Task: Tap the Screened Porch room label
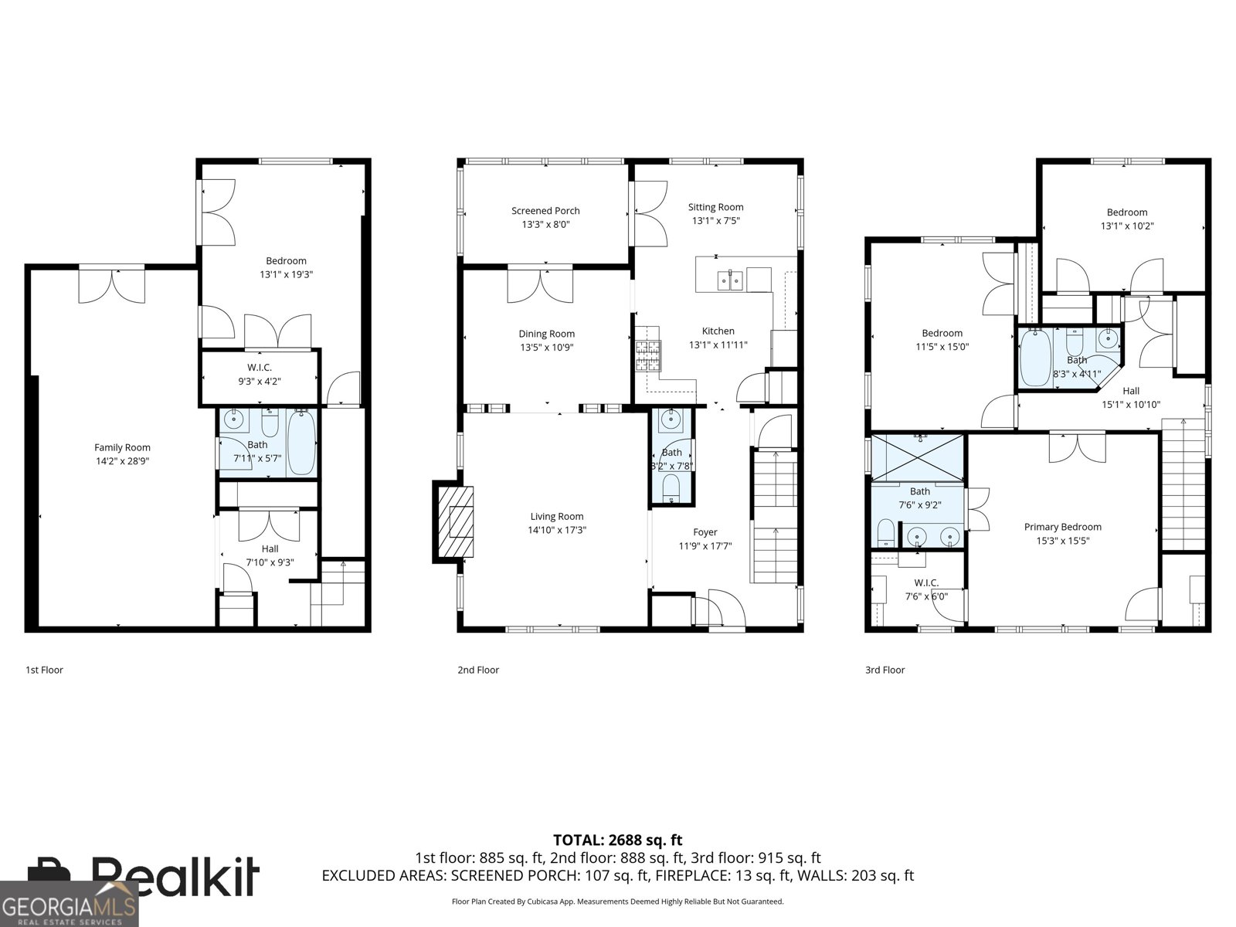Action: tap(545, 211)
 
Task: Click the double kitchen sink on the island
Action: tap(730, 280)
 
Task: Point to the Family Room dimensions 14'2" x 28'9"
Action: tap(122, 461)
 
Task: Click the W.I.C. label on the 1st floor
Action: tap(260, 367)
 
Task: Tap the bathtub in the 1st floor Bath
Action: tap(301, 444)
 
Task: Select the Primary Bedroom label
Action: tap(1062, 527)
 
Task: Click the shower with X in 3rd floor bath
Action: tap(919, 458)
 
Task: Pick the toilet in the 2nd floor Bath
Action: tap(671, 486)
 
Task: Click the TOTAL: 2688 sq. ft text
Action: tap(617, 840)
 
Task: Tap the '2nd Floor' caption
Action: tap(478, 670)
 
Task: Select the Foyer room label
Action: tap(705, 532)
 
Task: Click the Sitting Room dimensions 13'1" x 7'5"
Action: tap(715, 221)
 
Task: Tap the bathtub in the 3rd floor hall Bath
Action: tap(1034, 358)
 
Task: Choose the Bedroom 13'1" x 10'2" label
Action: tap(1126, 212)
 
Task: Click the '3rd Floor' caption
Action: tap(885, 670)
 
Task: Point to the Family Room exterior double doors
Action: tap(112, 284)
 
